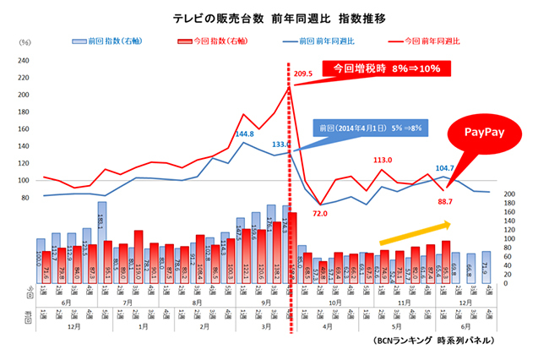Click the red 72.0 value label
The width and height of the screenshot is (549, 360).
click(319, 214)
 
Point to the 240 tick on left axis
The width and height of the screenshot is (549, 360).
click(24, 60)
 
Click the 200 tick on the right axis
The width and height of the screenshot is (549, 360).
click(508, 194)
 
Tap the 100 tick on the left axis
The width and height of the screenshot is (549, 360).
click(24, 181)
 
